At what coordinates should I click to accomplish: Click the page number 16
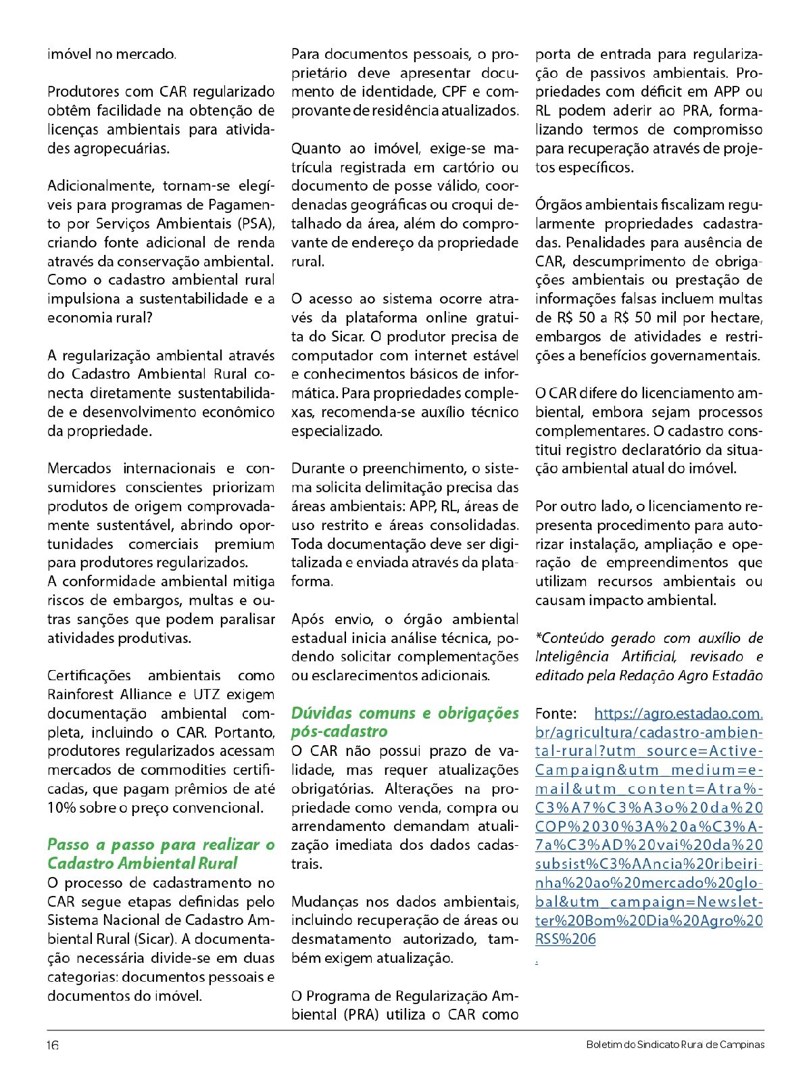click(x=53, y=1045)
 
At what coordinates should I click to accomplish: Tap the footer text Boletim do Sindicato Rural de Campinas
click(x=675, y=1045)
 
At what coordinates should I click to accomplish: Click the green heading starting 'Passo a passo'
click(x=161, y=853)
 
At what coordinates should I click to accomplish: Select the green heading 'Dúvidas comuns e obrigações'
click(x=405, y=713)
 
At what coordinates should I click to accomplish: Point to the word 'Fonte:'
click(x=556, y=713)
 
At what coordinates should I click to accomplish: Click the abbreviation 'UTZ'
click(x=207, y=694)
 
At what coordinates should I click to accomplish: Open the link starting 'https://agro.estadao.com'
click(x=678, y=713)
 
